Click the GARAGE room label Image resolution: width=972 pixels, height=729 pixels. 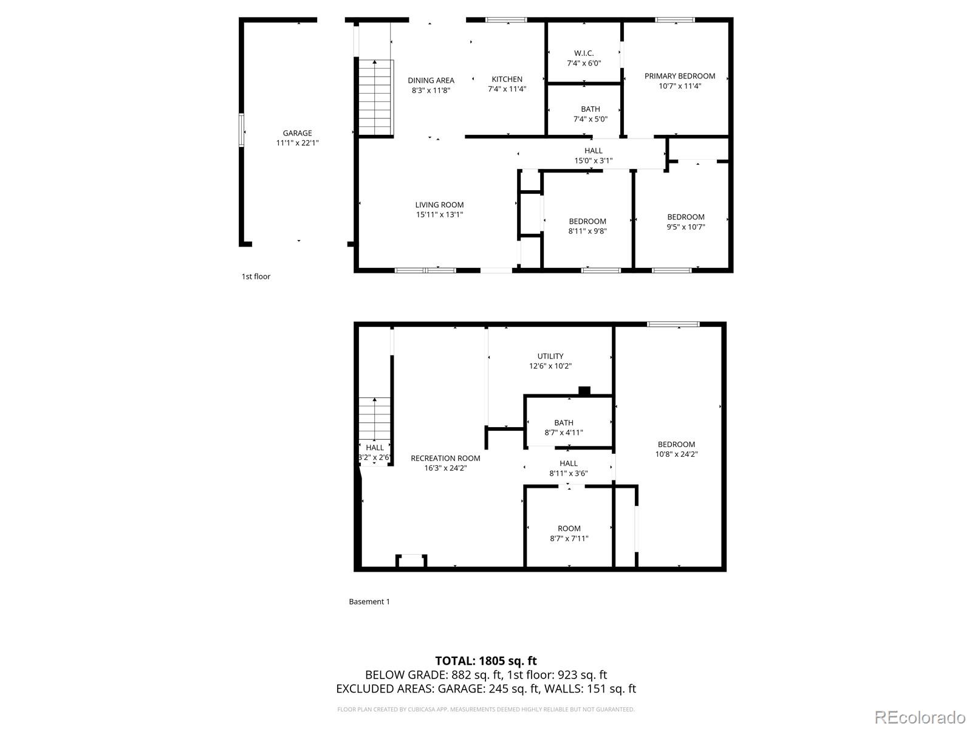point(297,133)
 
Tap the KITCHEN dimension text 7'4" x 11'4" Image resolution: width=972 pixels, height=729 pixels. point(507,89)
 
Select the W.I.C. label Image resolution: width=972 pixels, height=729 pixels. point(584,53)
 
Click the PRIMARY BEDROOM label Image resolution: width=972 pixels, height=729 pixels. point(680,76)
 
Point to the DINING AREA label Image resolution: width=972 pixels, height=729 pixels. point(431,80)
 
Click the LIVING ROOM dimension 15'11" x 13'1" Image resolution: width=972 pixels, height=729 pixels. point(439,214)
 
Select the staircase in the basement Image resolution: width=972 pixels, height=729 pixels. point(374,419)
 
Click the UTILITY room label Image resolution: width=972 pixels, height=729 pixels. point(550,356)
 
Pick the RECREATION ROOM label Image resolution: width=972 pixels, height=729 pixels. point(445,458)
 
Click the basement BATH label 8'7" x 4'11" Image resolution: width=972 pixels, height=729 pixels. point(563,428)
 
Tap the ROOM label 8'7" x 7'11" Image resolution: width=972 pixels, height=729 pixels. point(569,533)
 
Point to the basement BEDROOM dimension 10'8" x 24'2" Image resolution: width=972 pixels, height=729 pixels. point(676,454)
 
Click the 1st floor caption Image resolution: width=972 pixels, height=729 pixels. point(256,276)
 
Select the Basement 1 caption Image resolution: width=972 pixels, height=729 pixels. point(369,601)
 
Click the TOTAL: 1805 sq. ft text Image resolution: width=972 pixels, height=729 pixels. point(486,661)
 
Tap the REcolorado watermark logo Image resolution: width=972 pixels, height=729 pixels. point(920,717)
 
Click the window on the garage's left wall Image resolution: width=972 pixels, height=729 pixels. point(242,130)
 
